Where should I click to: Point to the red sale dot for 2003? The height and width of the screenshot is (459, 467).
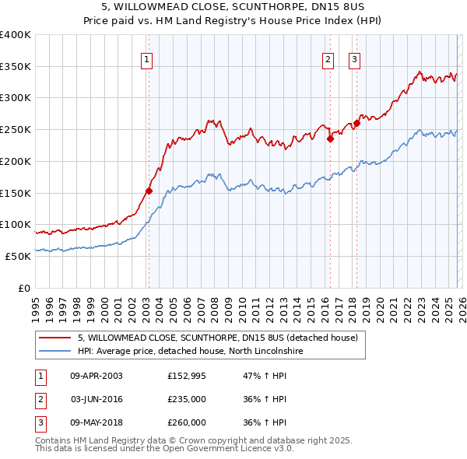click(x=149, y=190)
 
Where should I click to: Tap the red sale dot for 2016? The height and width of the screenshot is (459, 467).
click(x=330, y=139)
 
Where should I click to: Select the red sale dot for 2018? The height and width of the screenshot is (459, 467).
click(x=356, y=123)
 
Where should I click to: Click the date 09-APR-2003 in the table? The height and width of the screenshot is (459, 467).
click(x=96, y=376)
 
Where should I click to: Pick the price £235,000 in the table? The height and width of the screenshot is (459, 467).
click(x=187, y=399)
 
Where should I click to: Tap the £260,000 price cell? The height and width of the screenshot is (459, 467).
click(x=187, y=422)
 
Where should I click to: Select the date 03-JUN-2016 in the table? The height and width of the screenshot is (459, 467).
click(x=96, y=399)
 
